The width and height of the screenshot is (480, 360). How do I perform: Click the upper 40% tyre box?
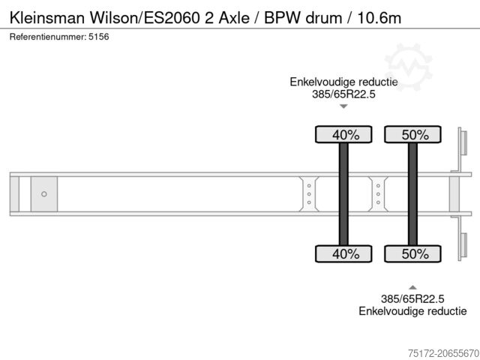coord(343,135)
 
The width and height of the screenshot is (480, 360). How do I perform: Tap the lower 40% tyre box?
coord(343,253)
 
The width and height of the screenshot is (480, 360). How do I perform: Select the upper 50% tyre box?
coord(412,135)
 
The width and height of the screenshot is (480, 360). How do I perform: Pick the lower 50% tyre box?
coord(412,253)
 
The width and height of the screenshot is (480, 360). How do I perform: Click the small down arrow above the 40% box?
coord(343,106)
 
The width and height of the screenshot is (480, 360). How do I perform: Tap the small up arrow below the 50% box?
coord(412,286)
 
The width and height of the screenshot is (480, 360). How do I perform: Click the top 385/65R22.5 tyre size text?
coord(343,94)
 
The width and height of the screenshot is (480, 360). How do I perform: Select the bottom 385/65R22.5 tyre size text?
coord(412,298)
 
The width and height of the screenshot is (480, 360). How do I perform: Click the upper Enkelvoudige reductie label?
coord(343,82)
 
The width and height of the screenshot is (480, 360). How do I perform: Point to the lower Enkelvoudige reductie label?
coord(412,310)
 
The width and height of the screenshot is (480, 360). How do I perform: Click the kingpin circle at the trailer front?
coord(43,194)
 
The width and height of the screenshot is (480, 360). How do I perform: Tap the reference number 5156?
coord(100,37)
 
